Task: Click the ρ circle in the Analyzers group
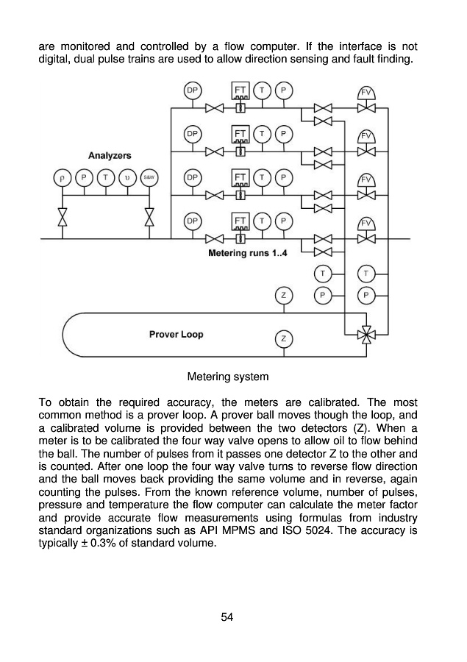(63, 177)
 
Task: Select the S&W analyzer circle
(148, 177)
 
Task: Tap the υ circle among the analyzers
(127, 177)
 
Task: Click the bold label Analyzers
(110, 155)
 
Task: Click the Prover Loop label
(176, 334)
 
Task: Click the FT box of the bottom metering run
(240, 221)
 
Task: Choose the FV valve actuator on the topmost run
(366, 93)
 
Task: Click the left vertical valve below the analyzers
(63, 218)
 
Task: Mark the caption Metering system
(228, 377)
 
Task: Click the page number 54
(227, 616)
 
